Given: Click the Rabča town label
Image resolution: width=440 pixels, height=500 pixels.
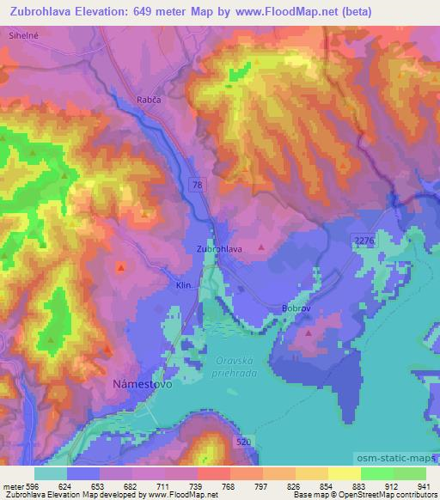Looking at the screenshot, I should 149,100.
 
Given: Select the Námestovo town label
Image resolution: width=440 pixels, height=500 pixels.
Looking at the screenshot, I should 143,386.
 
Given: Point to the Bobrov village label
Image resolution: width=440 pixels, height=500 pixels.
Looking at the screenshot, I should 295,307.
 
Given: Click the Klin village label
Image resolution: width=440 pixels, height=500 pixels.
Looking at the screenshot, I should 182,284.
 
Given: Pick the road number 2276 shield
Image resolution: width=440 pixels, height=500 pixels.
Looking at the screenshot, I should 364,243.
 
